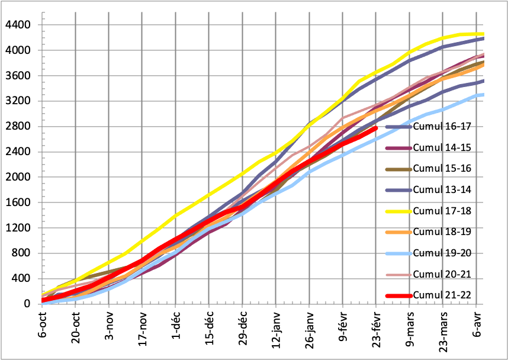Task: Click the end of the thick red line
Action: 375,128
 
